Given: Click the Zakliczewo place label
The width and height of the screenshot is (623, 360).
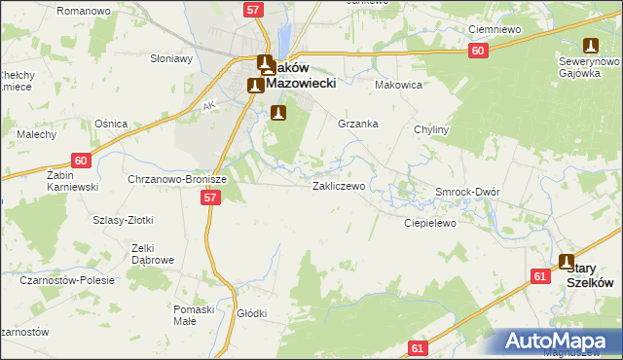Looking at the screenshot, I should point(338,186).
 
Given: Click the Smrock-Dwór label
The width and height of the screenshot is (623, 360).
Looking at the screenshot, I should point(467,192).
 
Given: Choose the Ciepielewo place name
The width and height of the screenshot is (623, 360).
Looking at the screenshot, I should point(430,223).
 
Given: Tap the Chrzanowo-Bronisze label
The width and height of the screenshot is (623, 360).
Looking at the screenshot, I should point(177,180).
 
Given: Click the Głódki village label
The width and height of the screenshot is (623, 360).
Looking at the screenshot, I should point(251,313).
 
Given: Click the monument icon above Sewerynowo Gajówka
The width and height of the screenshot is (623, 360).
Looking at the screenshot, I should point(590,45).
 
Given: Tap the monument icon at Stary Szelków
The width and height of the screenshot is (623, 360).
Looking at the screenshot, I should point(568,261).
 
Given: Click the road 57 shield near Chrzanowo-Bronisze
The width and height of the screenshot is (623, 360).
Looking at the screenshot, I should point(210,198).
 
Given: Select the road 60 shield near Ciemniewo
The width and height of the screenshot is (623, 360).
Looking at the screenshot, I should point(476,52).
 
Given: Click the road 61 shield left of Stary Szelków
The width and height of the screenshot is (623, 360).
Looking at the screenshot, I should point(539,276).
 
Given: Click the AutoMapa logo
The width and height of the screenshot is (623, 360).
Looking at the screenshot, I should point(561,342).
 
